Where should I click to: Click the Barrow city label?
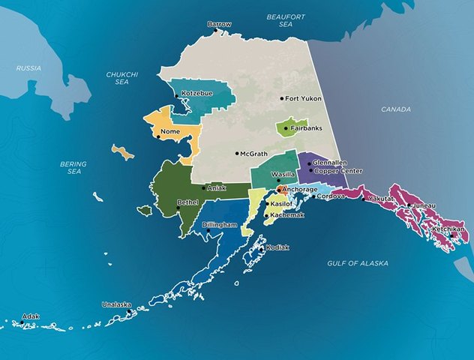(220, 24)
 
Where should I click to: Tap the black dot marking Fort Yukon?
(282, 98)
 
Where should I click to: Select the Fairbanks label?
(306, 128)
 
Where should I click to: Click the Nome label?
(171, 131)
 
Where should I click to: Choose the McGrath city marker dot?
(237, 154)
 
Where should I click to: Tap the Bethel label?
(187, 202)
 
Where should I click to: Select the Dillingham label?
(218, 224)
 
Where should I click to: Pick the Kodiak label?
(277, 247)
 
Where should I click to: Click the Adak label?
(30, 316)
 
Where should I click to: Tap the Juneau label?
(424, 205)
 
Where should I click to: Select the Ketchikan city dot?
(452, 235)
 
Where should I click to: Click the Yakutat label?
(381, 199)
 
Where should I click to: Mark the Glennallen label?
(330, 162)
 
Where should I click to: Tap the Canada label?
(396, 109)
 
